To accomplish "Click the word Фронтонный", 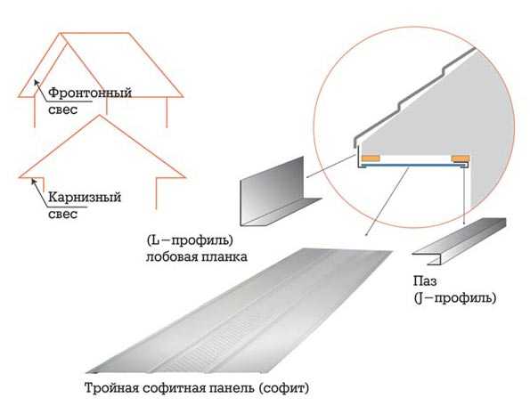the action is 90,93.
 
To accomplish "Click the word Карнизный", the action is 85,197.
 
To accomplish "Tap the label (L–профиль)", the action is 191,240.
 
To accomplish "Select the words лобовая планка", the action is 196,257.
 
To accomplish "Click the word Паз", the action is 425,281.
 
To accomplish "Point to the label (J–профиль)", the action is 455,298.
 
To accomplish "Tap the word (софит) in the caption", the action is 284,388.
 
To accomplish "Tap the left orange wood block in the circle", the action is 371,158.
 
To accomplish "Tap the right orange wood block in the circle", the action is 460,158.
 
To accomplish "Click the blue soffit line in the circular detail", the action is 410,166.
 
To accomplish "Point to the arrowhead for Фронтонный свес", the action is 37,82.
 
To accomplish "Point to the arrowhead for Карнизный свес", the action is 34,182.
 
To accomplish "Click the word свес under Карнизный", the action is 63,215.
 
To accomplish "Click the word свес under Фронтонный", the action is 63,110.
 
